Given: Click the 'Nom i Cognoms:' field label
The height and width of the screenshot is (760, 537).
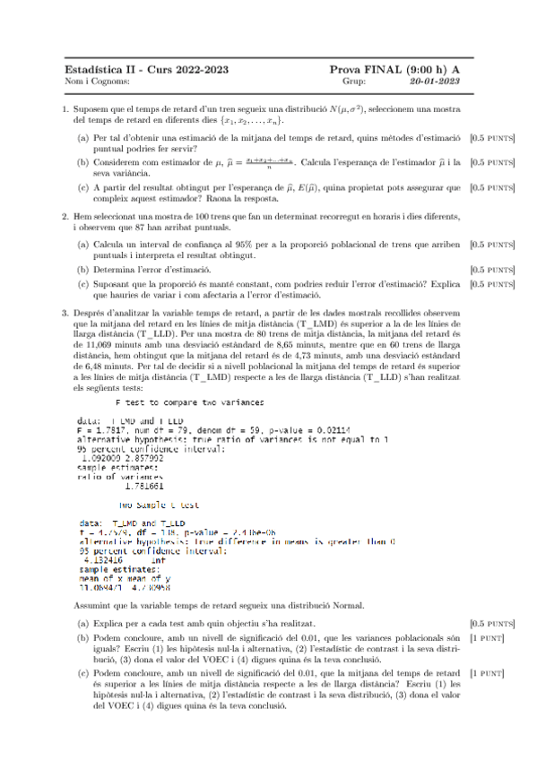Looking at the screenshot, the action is [92, 81].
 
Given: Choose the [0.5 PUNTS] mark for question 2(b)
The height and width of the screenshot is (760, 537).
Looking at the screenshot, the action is [492, 269].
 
